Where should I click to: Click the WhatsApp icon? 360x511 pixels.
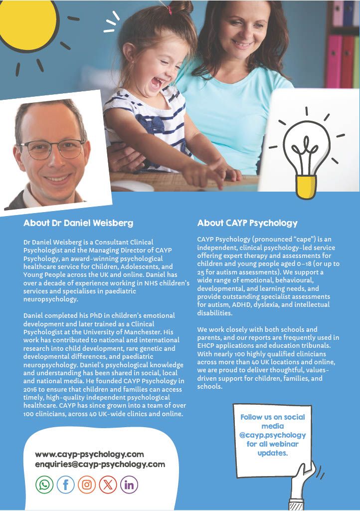[44, 484]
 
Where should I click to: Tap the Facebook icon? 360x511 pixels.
[65, 484]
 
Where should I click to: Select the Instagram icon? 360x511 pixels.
[87, 484]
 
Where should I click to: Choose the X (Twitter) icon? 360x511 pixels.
[108, 484]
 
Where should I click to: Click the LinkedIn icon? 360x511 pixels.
[129, 484]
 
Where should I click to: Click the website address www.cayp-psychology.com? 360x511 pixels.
[89, 454]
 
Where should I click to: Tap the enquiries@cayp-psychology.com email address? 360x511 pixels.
[100, 464]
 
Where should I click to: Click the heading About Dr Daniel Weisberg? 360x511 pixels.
[78, 223]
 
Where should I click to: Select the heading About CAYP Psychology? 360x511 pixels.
[247, 223]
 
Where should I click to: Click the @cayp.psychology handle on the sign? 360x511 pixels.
[272, 435]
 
